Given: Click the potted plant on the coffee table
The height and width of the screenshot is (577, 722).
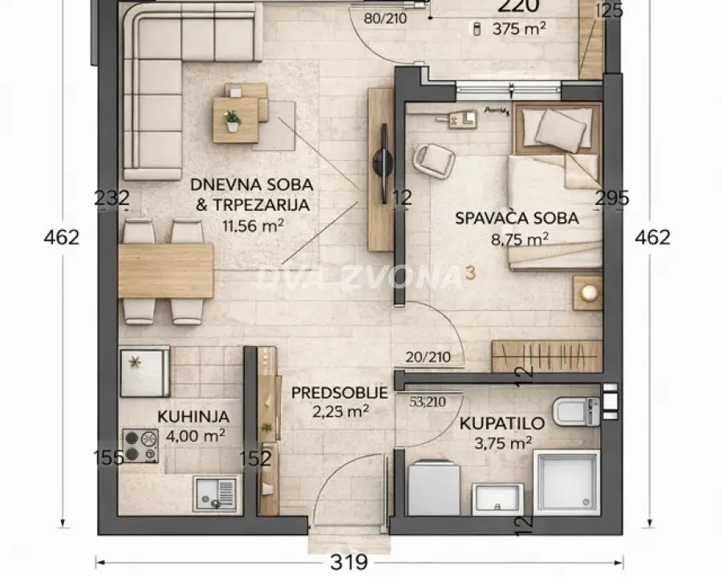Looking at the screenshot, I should pyautogui.click(x=233, y=120).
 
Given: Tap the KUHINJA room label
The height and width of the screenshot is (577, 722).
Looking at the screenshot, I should pyautogui.click(x=193, y=417).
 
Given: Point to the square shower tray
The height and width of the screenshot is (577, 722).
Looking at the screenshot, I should pyautogui.click(x=566, y=482).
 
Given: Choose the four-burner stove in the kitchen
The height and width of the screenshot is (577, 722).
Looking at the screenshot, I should pyautogui.click(x=140, y=446).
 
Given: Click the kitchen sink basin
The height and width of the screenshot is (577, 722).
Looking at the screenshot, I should pyautogui.click(x=215, y=493).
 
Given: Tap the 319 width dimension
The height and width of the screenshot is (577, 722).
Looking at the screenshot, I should pyautogui.click(x=349, y=563).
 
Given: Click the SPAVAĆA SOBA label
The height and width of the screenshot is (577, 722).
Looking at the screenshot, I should pyautogui.click(x=517, y=217).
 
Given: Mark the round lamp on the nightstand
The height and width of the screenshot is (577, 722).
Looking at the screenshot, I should pyautogui.click(x=590, y=293).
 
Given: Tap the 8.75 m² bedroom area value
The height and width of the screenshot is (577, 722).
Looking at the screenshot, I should pyautogui.click(x=519, y=239).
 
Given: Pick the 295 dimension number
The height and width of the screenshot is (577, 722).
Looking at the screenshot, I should pyautogui.click(x=612, y=198).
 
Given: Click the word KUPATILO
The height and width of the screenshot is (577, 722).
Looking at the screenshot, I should pyautogui.click(x=502, y=422).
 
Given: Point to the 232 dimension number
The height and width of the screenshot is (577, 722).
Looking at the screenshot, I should pyautogui.click(x=112, y=198).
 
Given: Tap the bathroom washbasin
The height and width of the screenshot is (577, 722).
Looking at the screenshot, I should pyautogui.click(x=497, y=498).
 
